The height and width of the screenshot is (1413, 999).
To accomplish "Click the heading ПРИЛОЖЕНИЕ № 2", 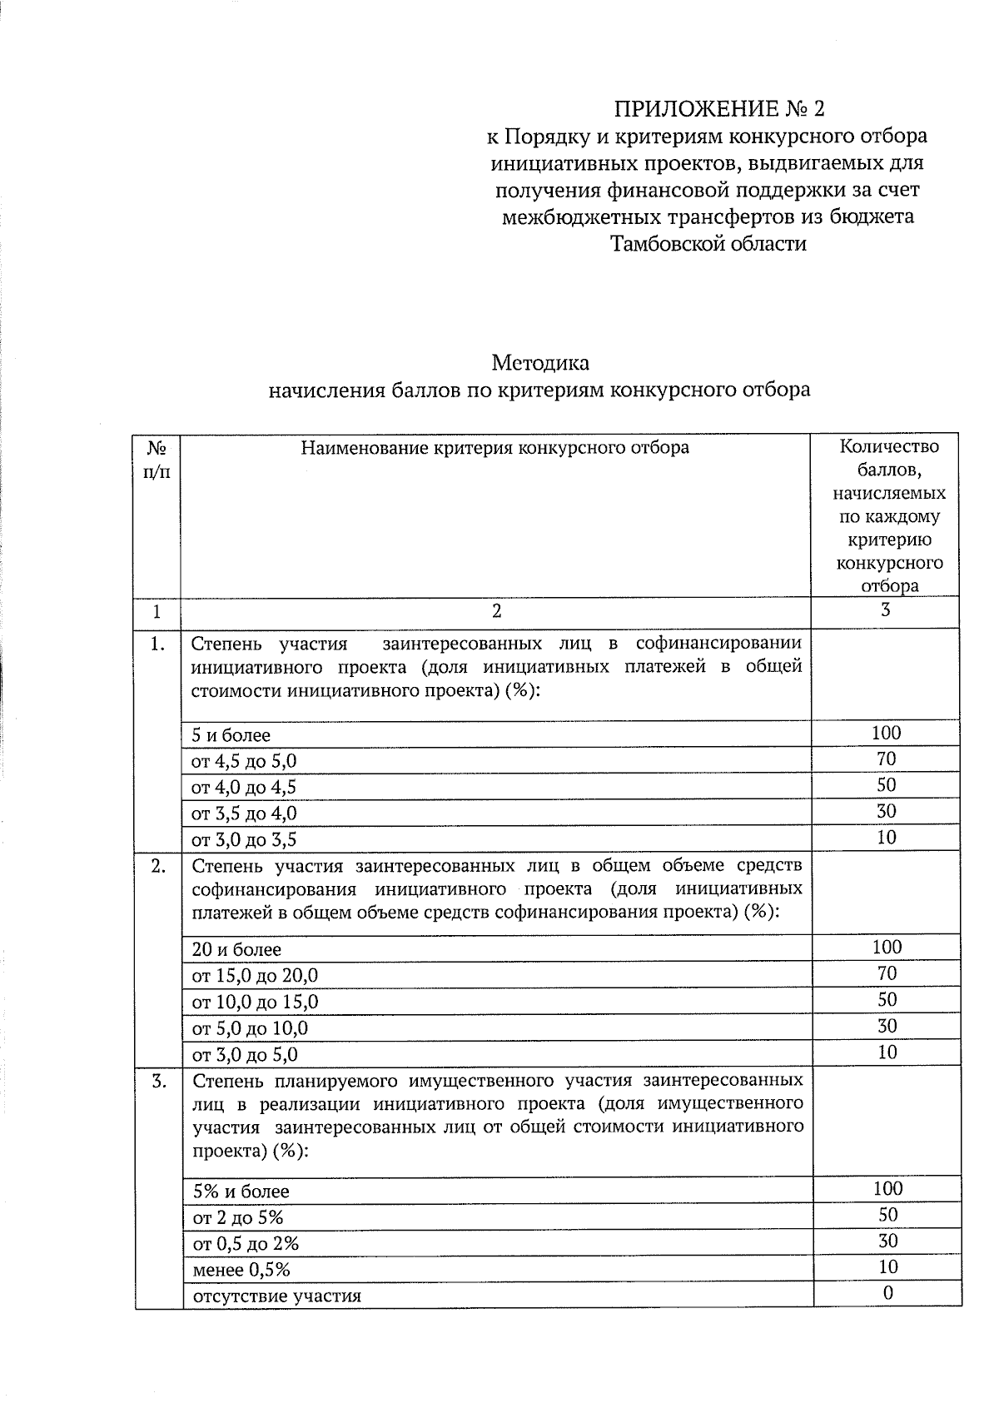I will (722, 109).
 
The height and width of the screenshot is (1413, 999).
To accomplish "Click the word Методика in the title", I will (539, 363).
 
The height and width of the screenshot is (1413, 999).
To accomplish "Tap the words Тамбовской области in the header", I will (708, 244).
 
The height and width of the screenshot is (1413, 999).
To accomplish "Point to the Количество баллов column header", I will (888, 515).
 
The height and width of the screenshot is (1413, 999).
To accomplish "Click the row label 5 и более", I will (231, 735).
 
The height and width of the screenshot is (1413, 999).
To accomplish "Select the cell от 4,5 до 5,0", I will (244, 761).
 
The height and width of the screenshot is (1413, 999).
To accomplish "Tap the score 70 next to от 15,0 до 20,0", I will (887, 973).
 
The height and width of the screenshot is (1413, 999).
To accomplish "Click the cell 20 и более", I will (236, 949).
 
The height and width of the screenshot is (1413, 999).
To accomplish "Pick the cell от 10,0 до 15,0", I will (255, 1002).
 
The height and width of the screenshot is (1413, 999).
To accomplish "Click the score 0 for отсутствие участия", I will (887, 1292).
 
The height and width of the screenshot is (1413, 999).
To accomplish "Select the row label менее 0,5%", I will (241, 1270).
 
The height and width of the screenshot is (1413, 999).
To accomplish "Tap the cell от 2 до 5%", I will (238, 1217).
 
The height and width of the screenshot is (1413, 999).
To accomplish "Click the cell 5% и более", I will (241, 1192).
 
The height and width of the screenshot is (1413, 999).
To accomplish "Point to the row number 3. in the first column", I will (158, 1082).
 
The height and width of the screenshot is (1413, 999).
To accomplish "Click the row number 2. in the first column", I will (158, 866).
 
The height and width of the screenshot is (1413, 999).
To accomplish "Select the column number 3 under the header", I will (886, 610).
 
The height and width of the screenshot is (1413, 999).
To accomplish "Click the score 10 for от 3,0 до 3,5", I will (887, 838).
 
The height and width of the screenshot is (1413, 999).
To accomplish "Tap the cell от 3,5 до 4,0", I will (244, 813).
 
